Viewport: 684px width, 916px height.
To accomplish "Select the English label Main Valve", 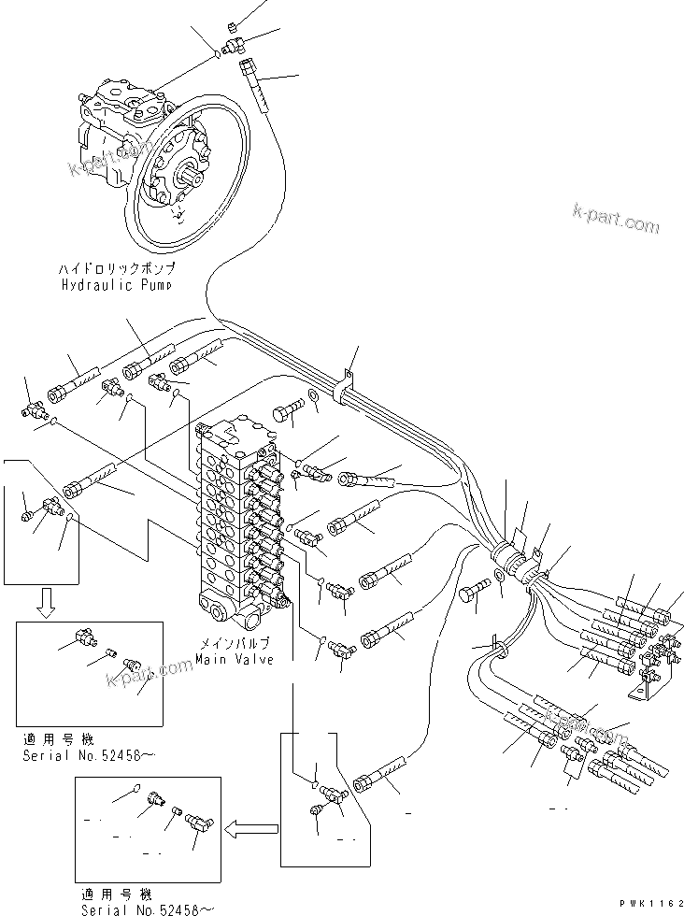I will click(235, 659).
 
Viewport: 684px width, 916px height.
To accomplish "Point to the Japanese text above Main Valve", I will click(235, 644).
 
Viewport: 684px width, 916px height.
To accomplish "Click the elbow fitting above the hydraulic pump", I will click(235, 41).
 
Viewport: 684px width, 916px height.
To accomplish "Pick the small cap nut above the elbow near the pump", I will click(235, 23).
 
